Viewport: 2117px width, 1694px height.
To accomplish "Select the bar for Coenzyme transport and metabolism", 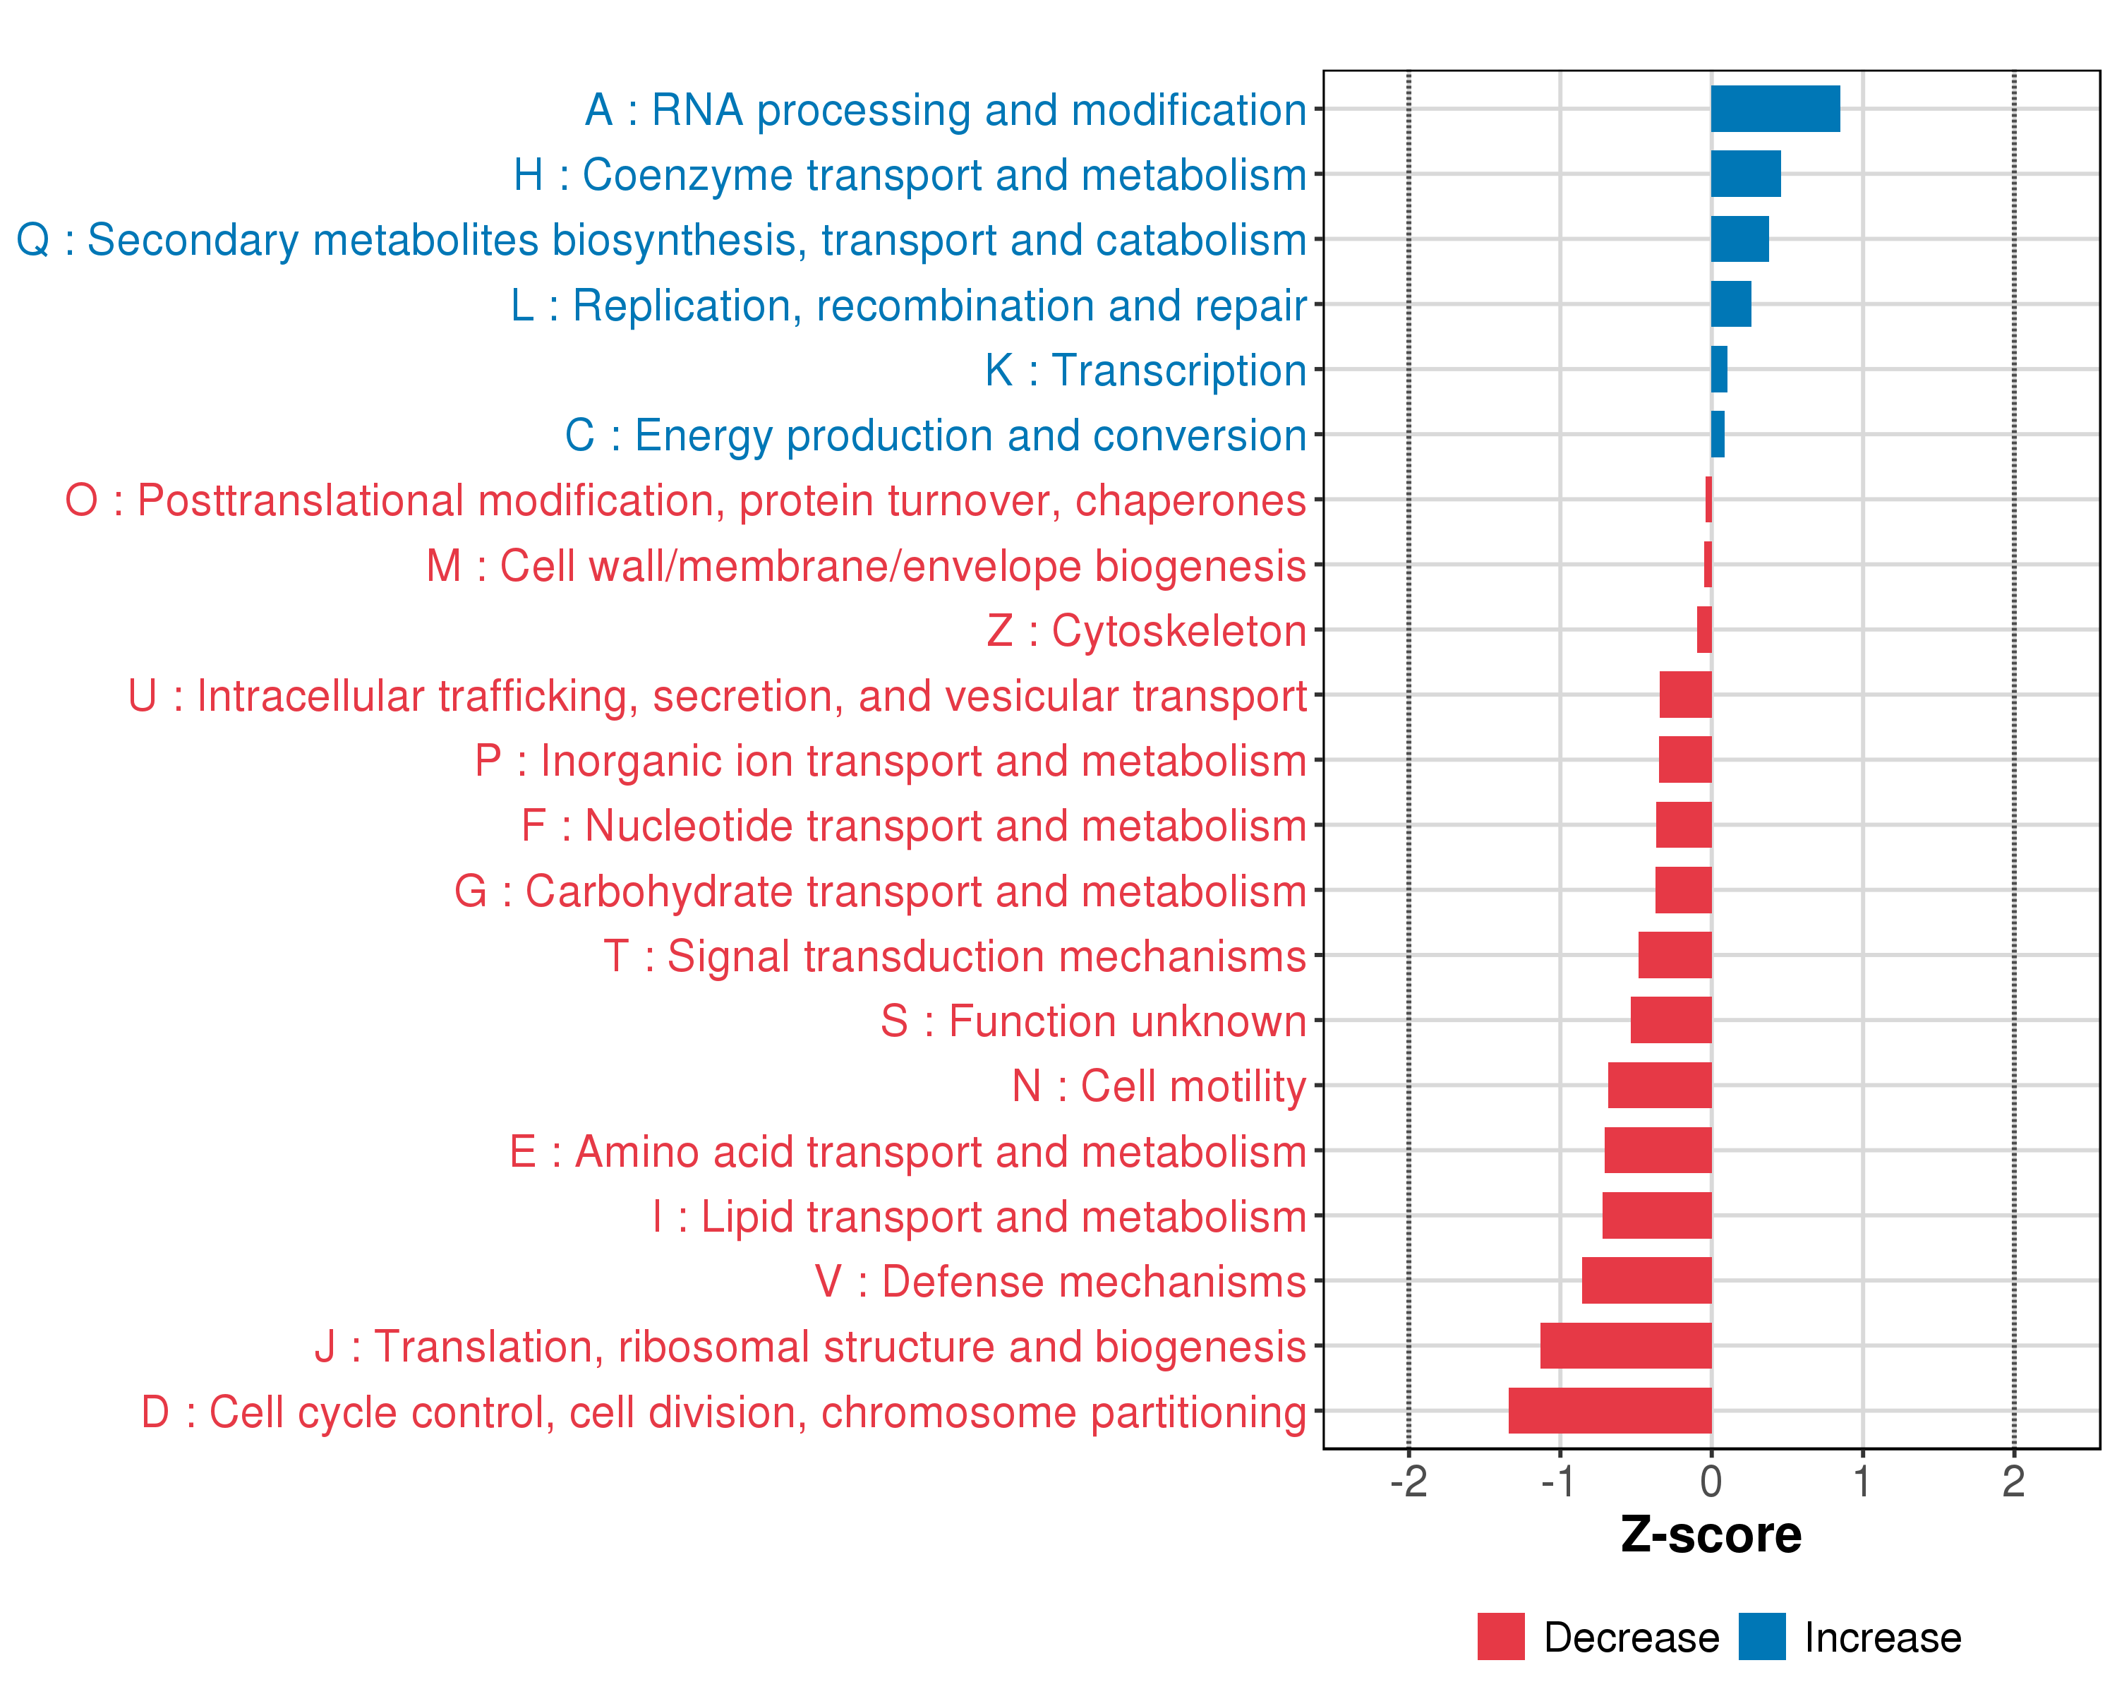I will [x=1745, y=174].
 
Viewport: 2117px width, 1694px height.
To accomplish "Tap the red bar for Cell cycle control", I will [x=1610, y=1410].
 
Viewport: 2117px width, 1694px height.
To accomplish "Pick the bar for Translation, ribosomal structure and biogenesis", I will [x=1625, y=1345].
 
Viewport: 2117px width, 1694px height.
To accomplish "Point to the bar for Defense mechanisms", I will [x=1646, y=1280].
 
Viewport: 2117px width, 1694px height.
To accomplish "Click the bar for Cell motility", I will [x=1660, y=1085].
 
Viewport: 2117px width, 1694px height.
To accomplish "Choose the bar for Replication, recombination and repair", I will [x=1730, y=304].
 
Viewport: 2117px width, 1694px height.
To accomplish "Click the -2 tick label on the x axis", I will [x=1408, y=1482].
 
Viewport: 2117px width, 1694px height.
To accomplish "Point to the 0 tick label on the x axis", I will [x=1711, y=1482].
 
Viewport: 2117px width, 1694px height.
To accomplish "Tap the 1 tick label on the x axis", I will [x=1862, y=1482].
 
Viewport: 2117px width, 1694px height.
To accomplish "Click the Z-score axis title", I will [x=1711, y=1535].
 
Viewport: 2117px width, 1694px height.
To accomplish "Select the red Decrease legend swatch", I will [x=1500, y=1636].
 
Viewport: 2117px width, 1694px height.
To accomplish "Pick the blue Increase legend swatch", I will [x=1761, y=1636].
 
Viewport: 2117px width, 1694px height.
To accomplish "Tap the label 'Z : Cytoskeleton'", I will [x=1146, y=630].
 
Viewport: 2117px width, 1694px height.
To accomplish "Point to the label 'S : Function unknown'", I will [x=1093, y=1021].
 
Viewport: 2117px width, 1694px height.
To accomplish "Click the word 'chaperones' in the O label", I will [x=1190, y=501].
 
